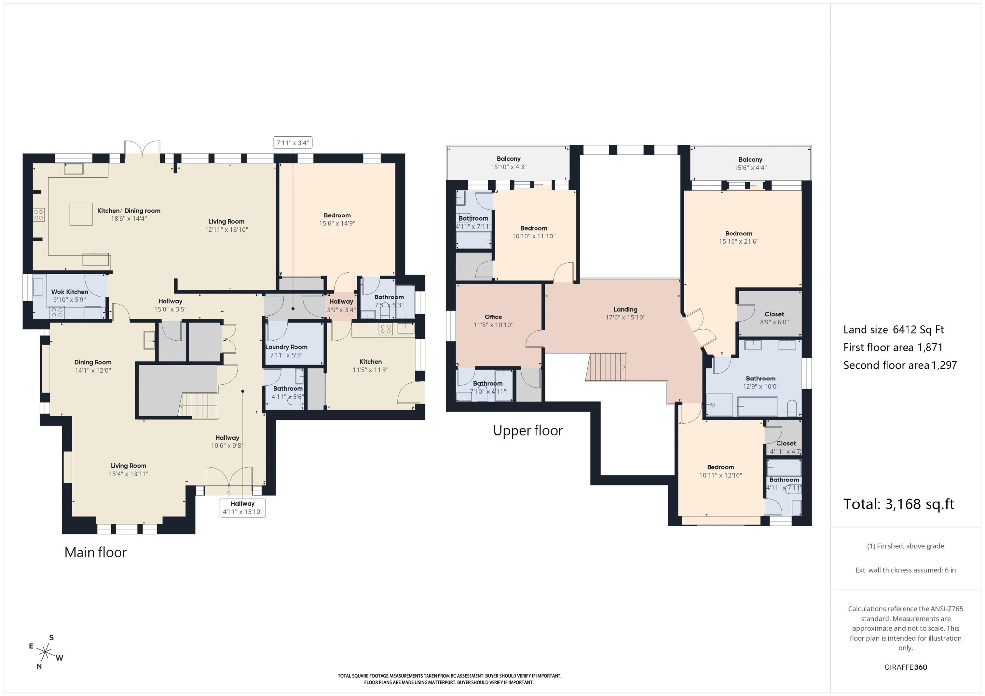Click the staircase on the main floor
198,405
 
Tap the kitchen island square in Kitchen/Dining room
81,214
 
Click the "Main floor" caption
96,552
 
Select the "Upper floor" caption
528,430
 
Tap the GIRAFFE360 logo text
906,667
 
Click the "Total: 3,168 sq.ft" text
899,504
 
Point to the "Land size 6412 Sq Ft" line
894,330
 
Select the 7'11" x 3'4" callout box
293,142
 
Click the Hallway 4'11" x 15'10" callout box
242,508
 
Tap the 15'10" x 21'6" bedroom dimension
738,242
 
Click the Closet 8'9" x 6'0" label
774,318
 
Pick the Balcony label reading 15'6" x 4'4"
750,164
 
